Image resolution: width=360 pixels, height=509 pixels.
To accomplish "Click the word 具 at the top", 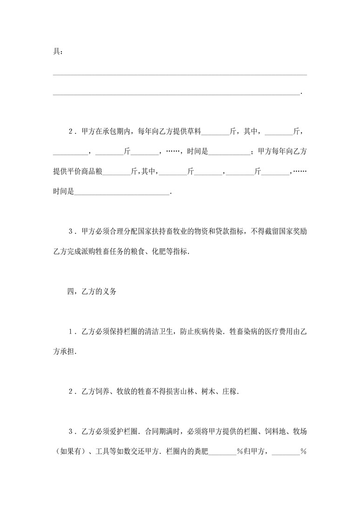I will tap(56, 52).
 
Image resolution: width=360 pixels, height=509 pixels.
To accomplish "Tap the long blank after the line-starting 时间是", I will tap(122, 192).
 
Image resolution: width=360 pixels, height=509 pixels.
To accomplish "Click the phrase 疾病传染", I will tap(207, 331).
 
